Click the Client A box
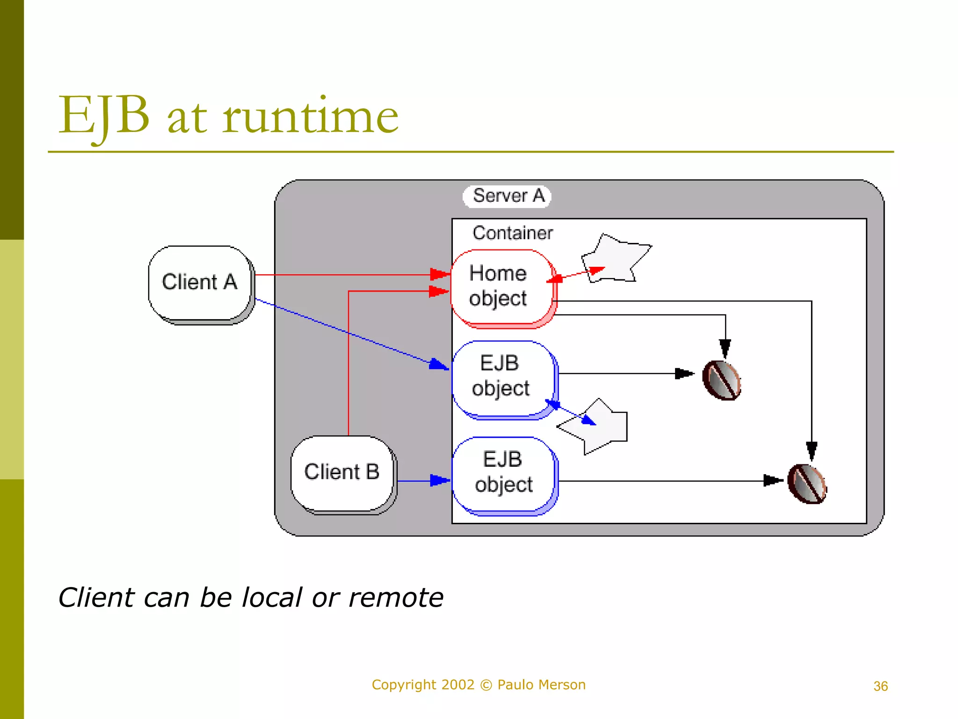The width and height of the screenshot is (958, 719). (200, 283)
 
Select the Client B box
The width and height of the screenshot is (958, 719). (342, 472)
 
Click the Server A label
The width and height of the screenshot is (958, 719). (508, 196)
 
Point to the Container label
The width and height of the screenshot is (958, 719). (513, 233)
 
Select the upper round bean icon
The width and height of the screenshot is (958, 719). (722, 380)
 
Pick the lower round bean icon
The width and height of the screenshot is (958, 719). (807, 484)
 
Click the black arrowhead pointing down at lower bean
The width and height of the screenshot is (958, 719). (812, 450)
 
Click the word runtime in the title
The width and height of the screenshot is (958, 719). (310, 117)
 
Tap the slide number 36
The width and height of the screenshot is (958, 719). (880, 686)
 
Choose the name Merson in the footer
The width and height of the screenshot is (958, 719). (563, 685)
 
